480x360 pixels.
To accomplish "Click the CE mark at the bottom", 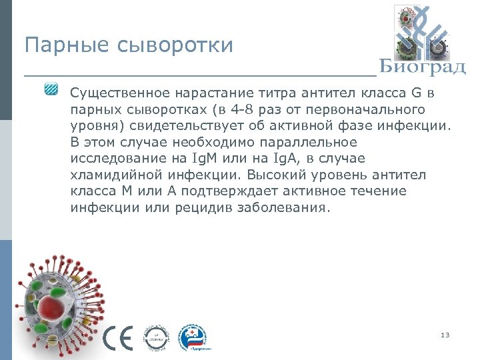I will click(118, 339).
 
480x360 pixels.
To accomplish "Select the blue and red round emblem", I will click(195, 339).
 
